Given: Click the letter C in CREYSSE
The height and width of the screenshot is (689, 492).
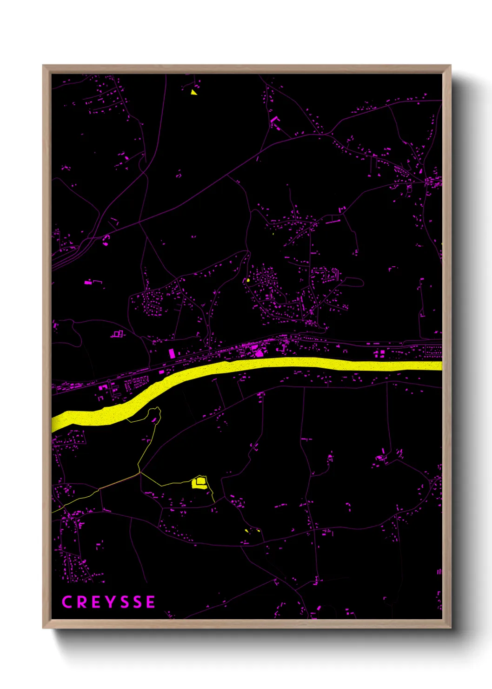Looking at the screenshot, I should (x=67, y=602).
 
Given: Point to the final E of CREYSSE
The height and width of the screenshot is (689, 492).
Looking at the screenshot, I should (x=150, y=602).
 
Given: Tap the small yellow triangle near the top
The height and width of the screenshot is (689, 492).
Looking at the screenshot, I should (x=193, y=92).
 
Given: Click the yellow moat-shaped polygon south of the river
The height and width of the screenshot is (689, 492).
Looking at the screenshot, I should (x=199, y=482).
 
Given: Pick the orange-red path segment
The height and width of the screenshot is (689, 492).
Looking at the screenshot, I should (x=119, y=480).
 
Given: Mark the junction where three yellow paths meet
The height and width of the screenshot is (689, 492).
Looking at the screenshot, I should (x=140, y=472).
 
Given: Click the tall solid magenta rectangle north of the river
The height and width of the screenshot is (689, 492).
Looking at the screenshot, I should (x=172, y=353).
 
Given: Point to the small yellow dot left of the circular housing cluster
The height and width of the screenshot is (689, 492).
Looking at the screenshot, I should (x=248, y=280).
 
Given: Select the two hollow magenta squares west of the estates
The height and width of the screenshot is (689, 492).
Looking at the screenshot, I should (x=117, y=334).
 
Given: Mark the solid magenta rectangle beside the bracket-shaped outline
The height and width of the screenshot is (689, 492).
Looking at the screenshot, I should (x=87, y=282).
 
